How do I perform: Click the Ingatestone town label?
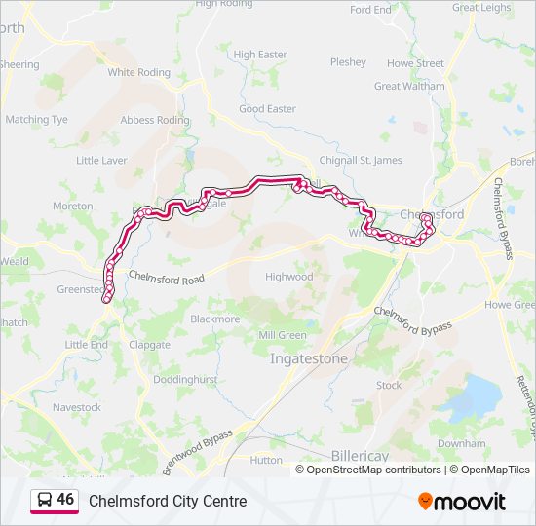pyautogui.click(x=307, y=358)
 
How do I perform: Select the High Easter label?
pyautogui.click(x=260, y=55)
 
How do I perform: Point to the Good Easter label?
pyautogui.click(x=267, y=109)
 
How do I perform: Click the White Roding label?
pyautogui.click(x=138, y=72)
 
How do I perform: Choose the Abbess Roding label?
pyautogui.click(x=154, y=120)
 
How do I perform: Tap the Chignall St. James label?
pyautogui.click(x=362, y=160)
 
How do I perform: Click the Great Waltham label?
pyautogui.click(x=409, y=86)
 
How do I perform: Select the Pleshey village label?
pyautogui.click(x=348, y=61)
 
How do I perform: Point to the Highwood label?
pyautogui.click(x=289, y=277)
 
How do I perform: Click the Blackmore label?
pyautogui.click(x=215, y=319)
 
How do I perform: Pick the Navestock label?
pyautogui.click(x=77, y=407)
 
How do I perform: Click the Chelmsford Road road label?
pyautogui.click(x=168, y=279)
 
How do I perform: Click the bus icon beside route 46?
pyautogui.click(x=44, y=500)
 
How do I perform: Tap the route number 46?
pyautogui.click(x=65, y=499)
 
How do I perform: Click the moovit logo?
pyautogui.click(x=462, y=501)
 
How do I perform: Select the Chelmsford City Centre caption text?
pyautogui.click(x=168, y=501)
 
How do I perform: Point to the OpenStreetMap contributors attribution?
pyautogui.click(x=373, y=470)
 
